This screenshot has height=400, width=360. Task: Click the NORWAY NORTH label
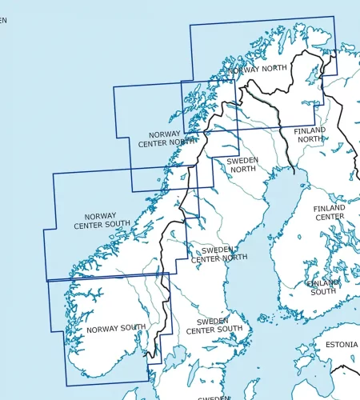(258, 69)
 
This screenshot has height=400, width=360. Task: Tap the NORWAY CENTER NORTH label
(165, 139)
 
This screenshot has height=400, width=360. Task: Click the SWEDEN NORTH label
(242, 165)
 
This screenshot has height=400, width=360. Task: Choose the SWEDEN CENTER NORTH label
(218, 254)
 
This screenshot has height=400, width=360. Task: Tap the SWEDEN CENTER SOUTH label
(214, 325)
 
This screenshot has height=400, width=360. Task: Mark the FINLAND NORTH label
(310, 134)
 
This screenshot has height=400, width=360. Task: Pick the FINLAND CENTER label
(329, 212)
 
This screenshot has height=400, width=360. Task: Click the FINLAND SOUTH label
(323, 287)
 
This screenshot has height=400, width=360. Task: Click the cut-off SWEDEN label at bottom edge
(214, 397)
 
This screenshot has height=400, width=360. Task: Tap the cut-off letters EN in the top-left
(3, 20)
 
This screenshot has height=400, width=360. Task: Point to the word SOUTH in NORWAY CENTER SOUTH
(120, 226)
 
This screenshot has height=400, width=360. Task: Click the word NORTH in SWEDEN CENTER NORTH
(234, 258)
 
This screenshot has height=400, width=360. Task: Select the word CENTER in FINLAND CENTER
(329, 217)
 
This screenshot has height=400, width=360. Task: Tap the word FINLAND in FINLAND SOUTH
(323, 282)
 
